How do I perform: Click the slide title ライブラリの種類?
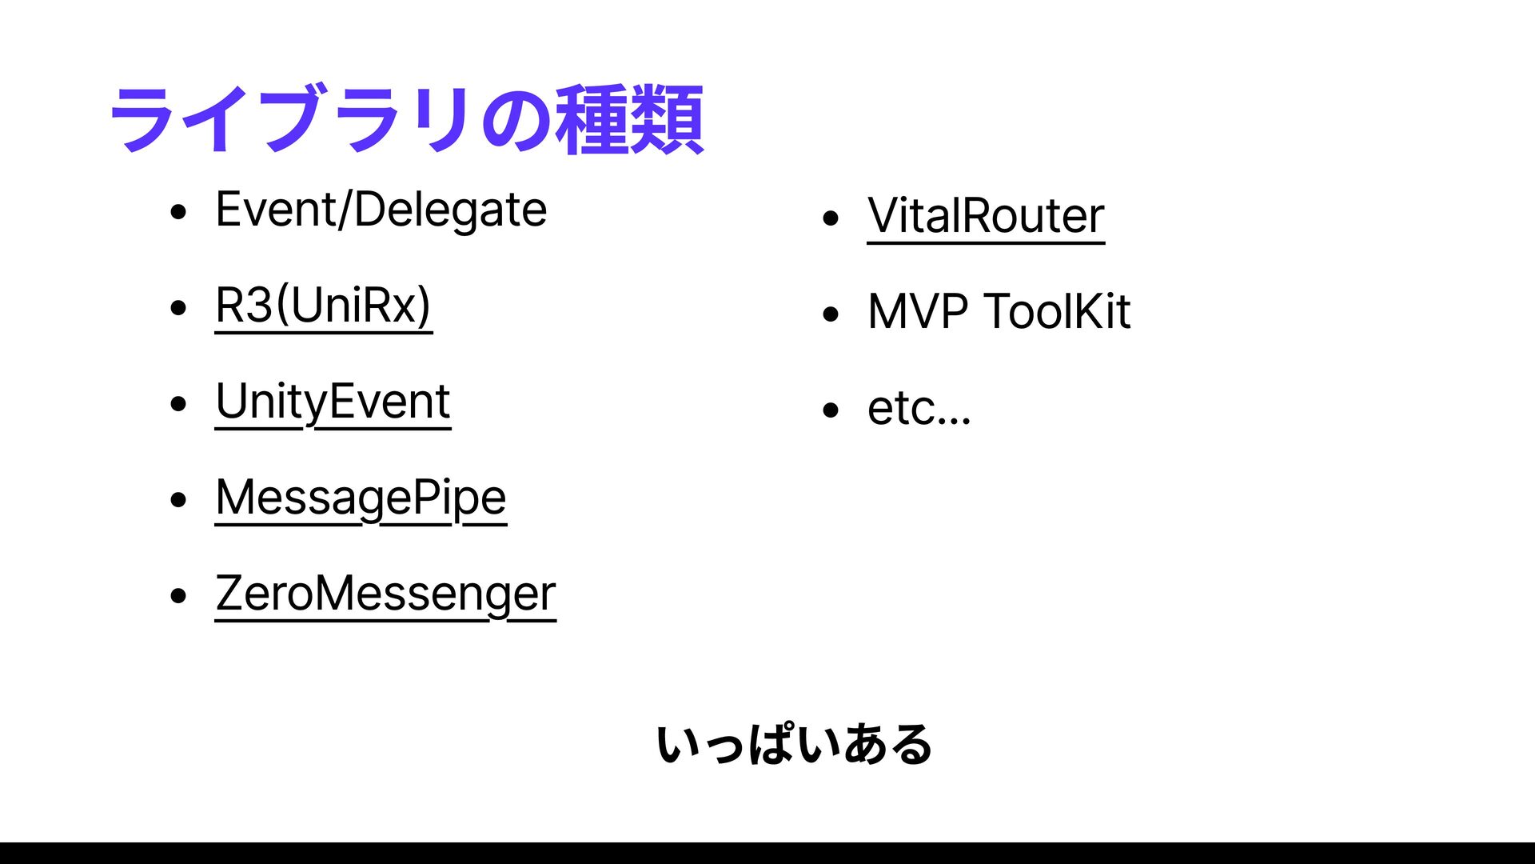[x=406, y=120]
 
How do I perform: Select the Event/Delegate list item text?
[x=381, y=210]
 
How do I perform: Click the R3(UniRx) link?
[x=324, y=306]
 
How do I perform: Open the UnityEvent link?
[x=333, y=402]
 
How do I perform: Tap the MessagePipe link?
[x=361, y=498]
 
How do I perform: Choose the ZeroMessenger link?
[x=385, y=594]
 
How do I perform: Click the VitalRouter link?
[x=986, y=216]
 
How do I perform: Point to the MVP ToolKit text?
[x=999, y=311]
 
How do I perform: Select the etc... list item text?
[x=919, y=409]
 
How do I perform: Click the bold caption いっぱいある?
[x=794, y=745]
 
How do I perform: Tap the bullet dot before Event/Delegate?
[x=178, y=213]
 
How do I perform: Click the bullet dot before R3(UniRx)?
[x=178, y=309]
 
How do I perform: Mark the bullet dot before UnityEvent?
[x=178, y=404]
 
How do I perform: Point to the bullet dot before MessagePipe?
[x=178, y=501]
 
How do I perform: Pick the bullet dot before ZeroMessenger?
[x=178, y=596]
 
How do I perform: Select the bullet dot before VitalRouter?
[x=831, y=218]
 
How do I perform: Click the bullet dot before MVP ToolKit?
[x=831, y=314]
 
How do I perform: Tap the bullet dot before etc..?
[x=831, y=411]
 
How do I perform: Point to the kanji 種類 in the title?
[x=629, y=120]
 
